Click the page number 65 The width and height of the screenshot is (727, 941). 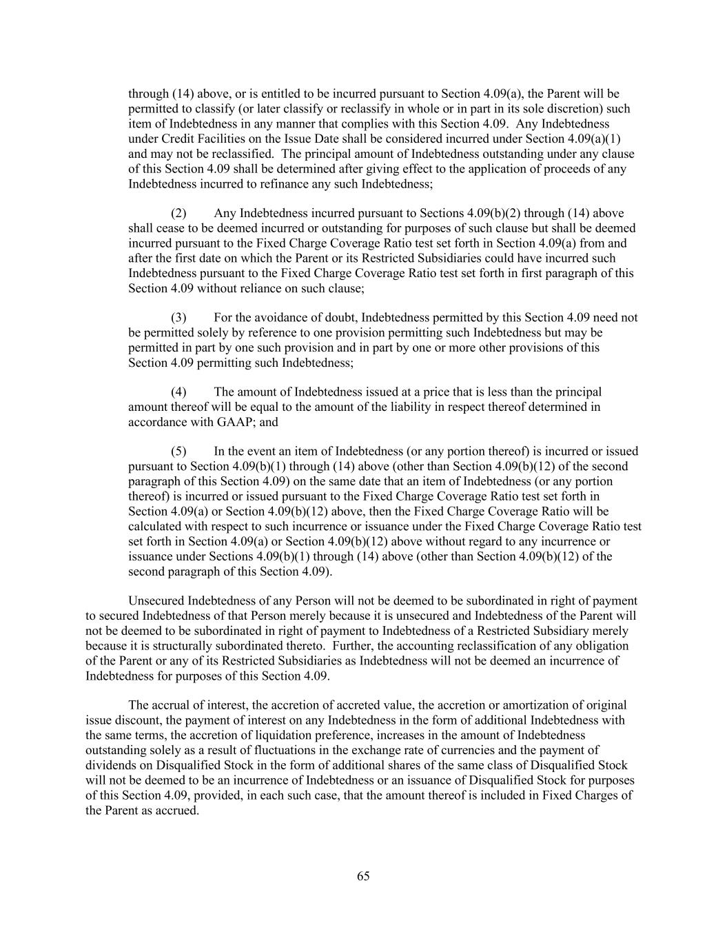coord(363,876)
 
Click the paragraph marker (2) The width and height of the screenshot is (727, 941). coord(178,213)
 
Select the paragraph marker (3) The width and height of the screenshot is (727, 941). coord(178,318)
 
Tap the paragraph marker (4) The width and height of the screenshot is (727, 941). coord(178,392)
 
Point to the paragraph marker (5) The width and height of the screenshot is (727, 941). coord(178,452)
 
